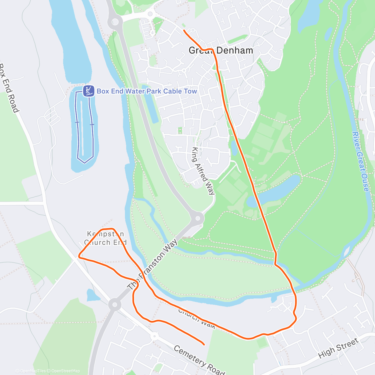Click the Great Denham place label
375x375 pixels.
pos(221,50)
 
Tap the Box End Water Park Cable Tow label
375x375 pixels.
pos(147,91)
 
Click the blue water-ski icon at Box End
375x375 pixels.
pos(88,91)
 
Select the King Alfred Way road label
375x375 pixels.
pos(203,171)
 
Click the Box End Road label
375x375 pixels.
pos(9,88)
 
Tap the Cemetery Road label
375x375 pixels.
pos(199,360)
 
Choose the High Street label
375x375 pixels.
pos(338,348)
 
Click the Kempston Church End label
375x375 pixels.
pos(105,238)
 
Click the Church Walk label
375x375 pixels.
pos(197,318)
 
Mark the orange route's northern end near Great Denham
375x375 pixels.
pos(184,30)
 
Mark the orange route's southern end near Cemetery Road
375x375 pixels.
pos(204,344)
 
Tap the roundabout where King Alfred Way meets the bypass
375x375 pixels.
pos(197,218)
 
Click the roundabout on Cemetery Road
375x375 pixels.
pos(154,337)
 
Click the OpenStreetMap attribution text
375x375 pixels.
pos(66,371)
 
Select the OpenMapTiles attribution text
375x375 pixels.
pos(33,371)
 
